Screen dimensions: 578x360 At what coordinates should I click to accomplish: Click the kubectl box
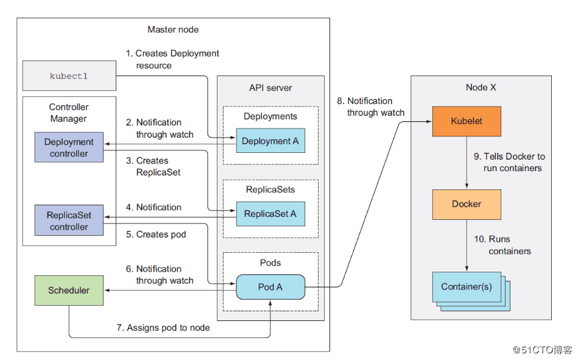pyautogui.click(x=69, y=76)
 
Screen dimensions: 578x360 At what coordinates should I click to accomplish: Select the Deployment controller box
pyautogui.click(x=69, y=147)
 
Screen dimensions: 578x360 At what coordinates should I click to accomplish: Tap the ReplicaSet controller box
pyautogui.click(x=69, y=221)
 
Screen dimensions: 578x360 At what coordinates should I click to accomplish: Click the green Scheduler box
pyautogui.click(x=69, y=291)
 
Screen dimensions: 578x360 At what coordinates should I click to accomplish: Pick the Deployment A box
pyautogui.click(x=270, y=141)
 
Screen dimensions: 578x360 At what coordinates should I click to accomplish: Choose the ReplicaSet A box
pyautogui.click(x=270, y=214)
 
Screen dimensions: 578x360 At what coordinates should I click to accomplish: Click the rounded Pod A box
pyautogui.click(x=270, y=286)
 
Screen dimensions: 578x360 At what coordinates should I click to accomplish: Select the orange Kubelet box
pyautogui.click(x=467, y=121)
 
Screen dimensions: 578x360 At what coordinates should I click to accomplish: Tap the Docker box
pyautogui.click(x=467, y=204)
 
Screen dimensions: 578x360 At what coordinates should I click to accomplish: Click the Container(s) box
pyautogui.click(x=467, y=287)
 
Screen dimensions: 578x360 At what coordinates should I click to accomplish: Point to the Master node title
pyautogui.click(x=173, y=29)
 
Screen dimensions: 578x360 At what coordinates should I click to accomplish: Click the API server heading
pyautogui.click(x=270, y=88)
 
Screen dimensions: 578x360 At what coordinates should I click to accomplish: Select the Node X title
pyautogui.click(x=481, y=88)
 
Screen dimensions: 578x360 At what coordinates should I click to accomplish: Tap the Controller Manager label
pyautogui.click(x=69, y=113)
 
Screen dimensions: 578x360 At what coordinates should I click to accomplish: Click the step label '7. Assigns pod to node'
pyautogui.click(x=163, y=328)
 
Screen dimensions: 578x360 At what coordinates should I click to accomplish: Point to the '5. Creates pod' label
pyautogui.click(x=156, y=235)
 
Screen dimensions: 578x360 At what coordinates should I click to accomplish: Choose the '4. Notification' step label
pyautogui.click(x=153, y=207)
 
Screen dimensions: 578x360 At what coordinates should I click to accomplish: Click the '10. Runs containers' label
pyautogui.click(x=502, y=245)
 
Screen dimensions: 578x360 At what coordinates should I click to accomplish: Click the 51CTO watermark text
pyautogui.click(x=542, y=349)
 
